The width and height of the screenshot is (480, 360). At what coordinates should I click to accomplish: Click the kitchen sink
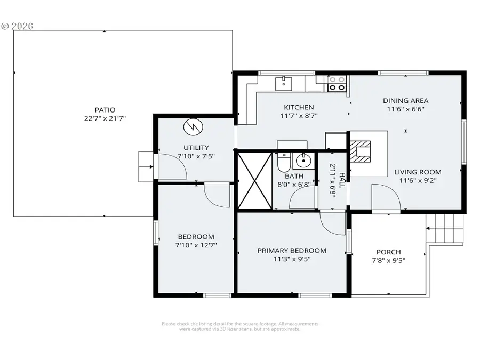coord(283,83)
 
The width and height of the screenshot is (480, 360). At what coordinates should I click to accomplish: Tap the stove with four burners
coord(337,83)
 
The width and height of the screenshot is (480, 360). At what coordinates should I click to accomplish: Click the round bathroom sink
coord(303,159)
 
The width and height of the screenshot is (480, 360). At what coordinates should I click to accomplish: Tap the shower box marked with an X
coord(254,180)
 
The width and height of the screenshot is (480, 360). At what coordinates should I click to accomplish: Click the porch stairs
coord(447,228)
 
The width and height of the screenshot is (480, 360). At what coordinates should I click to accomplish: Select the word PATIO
coord(105,110)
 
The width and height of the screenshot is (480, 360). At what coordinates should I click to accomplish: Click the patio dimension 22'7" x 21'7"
coord(105,118)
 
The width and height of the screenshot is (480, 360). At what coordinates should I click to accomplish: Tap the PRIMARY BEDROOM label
coord(292,251)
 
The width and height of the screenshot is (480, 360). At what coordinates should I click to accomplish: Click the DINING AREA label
coord(405,100)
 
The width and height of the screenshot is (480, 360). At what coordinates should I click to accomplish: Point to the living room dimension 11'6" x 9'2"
coord(418,181)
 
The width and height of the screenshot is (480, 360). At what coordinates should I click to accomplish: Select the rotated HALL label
coord(342,181)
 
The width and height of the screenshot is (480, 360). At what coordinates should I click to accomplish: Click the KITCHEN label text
coord(299,107)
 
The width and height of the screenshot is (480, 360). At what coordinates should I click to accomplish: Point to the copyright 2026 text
coord(17,26)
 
